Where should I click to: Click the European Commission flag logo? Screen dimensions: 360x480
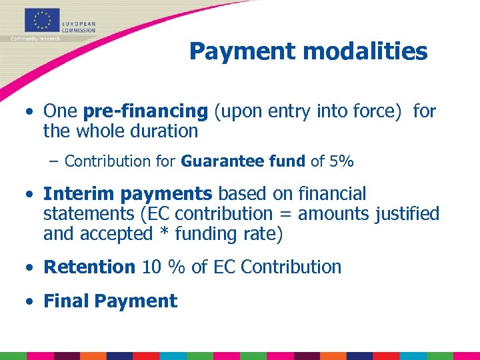[x=41, y=21]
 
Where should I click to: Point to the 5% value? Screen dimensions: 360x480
[x=342, y=161]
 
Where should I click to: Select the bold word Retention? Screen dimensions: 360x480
[x=89, y=267]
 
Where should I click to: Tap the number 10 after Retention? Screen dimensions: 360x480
[x=151, y=267]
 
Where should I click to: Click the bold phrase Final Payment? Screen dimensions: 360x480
[x=110, y=301]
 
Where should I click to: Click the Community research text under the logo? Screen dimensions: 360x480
[x=35, y=39]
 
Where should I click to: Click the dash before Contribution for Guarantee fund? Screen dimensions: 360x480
[x=55, y=161]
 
